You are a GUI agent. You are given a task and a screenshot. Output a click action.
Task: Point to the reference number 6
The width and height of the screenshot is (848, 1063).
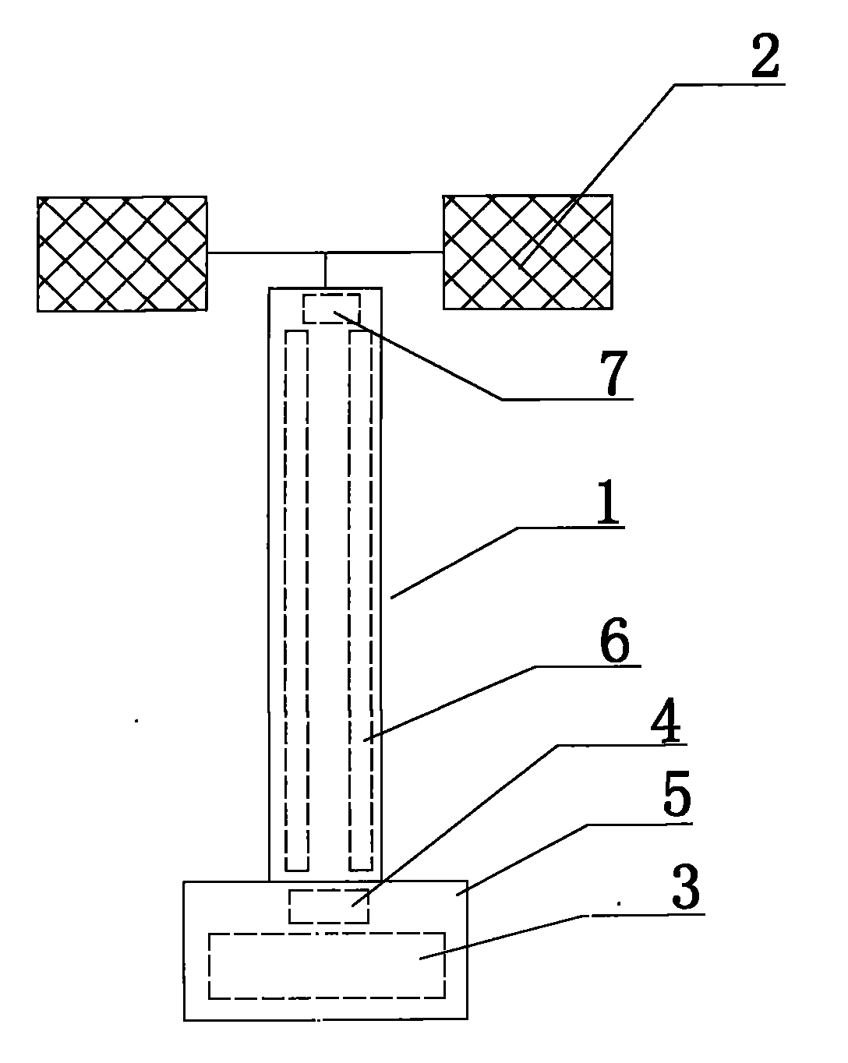(613, 641)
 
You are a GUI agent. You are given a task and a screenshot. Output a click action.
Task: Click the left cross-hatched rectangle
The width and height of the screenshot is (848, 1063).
(122, 253)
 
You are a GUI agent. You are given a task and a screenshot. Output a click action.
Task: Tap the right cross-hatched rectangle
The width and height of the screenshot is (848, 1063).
(528, 252)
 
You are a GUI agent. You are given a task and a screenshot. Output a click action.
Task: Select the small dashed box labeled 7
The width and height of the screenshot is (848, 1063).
(331, 308)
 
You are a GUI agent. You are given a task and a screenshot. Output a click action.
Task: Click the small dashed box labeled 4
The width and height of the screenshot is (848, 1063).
(328, 906)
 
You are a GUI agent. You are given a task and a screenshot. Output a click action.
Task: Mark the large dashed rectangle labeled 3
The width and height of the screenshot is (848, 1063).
(327, 965)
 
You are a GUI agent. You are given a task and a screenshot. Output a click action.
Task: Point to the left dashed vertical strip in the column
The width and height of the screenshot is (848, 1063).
(296, 600)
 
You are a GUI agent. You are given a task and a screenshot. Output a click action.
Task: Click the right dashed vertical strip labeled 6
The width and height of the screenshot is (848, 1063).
(361, 600)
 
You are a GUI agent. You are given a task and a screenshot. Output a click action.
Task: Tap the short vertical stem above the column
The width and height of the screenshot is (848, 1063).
(325, 270)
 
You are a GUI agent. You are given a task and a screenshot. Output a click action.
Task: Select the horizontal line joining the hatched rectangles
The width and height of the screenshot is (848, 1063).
(325, 253)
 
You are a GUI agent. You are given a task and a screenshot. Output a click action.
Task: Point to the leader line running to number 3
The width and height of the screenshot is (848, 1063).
(507, 935)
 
